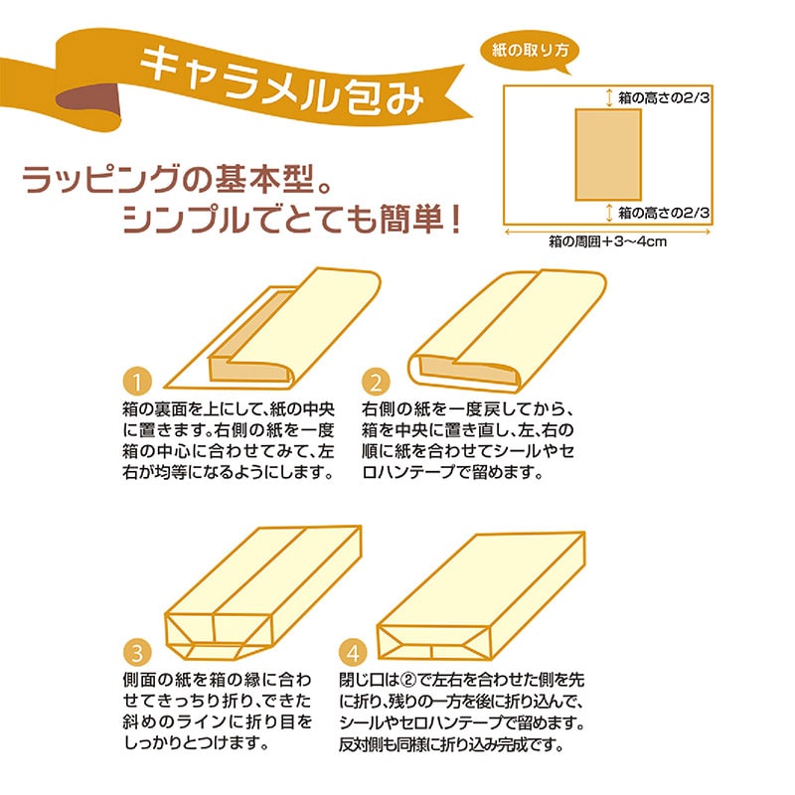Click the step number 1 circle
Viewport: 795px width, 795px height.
[137, 382]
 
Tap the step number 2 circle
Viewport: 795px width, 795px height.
[376, 382]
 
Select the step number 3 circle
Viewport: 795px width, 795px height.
[137, 652]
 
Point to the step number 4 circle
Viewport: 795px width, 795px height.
[353, 652]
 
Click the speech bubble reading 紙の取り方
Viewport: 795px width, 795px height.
[529, 51]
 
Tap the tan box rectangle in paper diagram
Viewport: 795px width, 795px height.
[608, 155]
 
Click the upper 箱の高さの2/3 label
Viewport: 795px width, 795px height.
[663, 97]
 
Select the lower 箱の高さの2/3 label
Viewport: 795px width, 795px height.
[663, 213]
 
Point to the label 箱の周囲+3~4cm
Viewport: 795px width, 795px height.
[607, 241]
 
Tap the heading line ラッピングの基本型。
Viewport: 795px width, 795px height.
[178, 180]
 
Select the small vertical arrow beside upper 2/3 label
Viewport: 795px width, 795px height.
[609, 97]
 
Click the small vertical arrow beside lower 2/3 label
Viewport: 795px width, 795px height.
[609, 213]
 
